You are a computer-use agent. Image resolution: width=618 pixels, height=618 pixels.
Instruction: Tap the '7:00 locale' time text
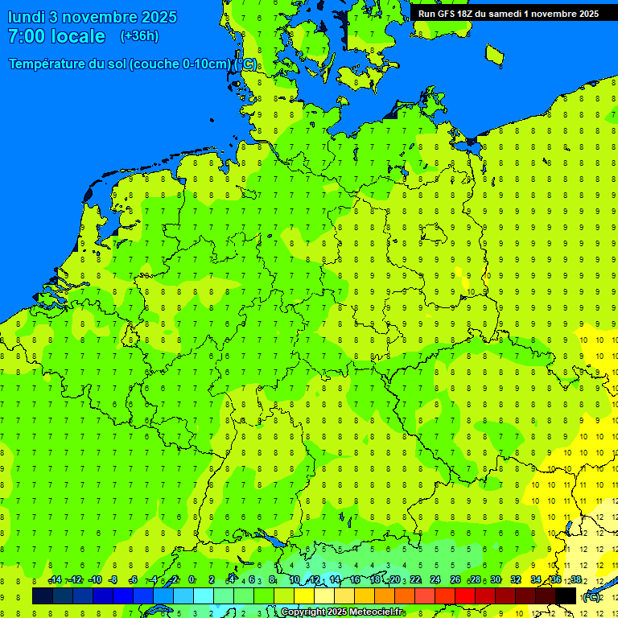[x=56, y=36]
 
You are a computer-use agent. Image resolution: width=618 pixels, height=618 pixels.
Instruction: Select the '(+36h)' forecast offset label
[x=139, y=36]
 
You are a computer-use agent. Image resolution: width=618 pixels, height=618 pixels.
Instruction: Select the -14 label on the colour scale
[x=55, y=580]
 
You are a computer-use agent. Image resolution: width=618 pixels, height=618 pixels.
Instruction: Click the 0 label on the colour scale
[x=192, y=580]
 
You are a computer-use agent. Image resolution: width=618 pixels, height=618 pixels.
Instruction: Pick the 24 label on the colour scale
[x=435, y=580]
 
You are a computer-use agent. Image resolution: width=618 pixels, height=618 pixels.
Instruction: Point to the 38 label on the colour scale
[x=576, y=580]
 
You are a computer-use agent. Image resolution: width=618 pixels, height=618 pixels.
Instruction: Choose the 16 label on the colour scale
[x=354, y=580]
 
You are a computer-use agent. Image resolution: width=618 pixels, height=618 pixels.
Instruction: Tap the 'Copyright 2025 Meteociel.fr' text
[x=342, y=612]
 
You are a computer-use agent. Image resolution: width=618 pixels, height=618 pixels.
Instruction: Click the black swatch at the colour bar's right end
[x=566, y=596]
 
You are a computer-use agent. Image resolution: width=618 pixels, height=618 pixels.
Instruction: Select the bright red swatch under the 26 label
[x=465, y=596]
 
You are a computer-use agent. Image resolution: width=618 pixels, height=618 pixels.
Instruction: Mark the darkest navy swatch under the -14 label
[x=43, y=596]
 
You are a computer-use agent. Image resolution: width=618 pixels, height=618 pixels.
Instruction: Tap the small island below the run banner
[x=494, y=53]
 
